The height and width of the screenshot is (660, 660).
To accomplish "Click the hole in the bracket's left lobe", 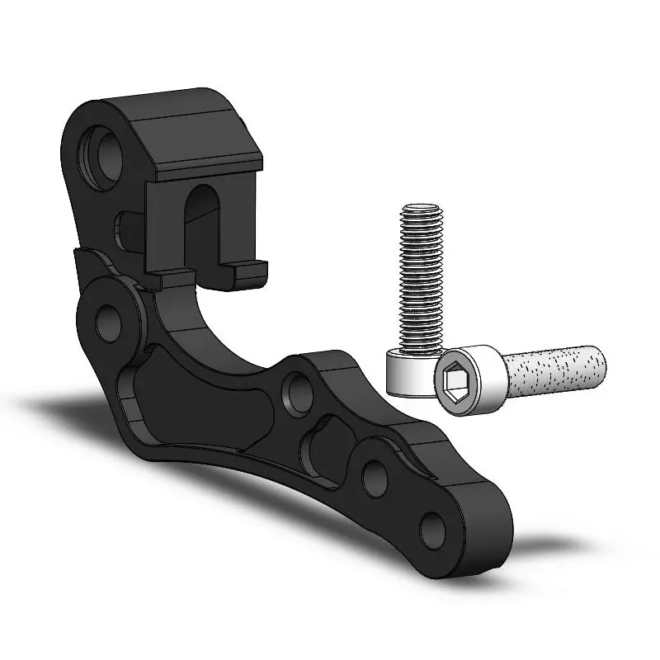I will tap(108, 322).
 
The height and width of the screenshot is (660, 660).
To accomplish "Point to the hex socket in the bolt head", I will tap(455, 379).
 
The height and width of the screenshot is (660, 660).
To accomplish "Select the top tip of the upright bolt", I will tap(422, 208).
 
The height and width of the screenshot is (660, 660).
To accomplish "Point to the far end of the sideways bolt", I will tap(601, 365).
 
